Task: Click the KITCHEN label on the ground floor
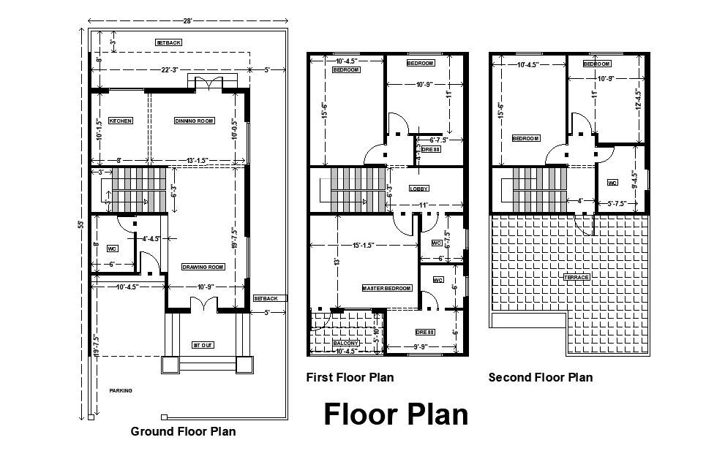coord(121,121)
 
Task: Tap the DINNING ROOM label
coord(194,121)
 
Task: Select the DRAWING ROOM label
coord(203,267)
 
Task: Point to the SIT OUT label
coord(202,344)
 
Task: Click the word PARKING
coord(121,390)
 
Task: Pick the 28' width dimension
coord(187,21)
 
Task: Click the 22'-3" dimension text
coord(170,70)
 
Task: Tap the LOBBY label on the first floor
coord(419,188)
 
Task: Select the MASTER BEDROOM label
coord(387,289)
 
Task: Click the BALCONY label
coord(346,343)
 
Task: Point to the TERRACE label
coord(576,277)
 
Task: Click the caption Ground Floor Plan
coord(183,431)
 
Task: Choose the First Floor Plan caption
coord(350,377)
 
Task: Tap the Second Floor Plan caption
coord(541,377)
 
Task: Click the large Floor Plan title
coord(396,414)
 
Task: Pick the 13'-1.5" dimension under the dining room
coord(194,160)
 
